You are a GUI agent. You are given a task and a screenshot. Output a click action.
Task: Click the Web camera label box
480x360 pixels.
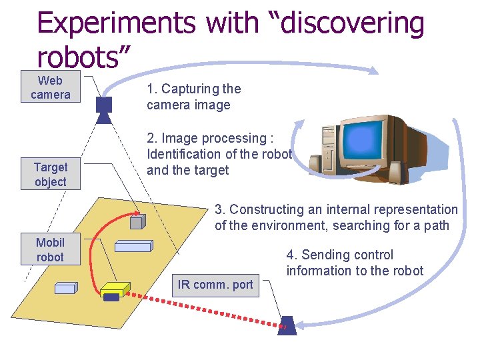click(50, 87)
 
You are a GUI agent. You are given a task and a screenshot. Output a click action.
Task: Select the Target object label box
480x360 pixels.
click(51, 174)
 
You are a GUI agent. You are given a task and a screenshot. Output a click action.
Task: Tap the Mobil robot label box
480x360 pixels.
click(50, 249)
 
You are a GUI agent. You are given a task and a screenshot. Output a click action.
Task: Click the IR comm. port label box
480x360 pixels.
click(215, 285)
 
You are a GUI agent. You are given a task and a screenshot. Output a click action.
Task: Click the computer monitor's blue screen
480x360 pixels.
click(363, 141)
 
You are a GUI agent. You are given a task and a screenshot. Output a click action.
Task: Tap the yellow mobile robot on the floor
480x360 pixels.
click(115, 289)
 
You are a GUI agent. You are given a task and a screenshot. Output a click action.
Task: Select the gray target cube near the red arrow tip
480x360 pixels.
click(138, 221)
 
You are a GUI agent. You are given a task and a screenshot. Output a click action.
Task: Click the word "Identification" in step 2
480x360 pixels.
click(184, 154)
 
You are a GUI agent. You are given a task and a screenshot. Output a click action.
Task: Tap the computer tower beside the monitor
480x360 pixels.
click(329, 152)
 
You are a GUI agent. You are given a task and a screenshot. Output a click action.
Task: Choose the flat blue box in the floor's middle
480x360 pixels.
click(133, 246)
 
